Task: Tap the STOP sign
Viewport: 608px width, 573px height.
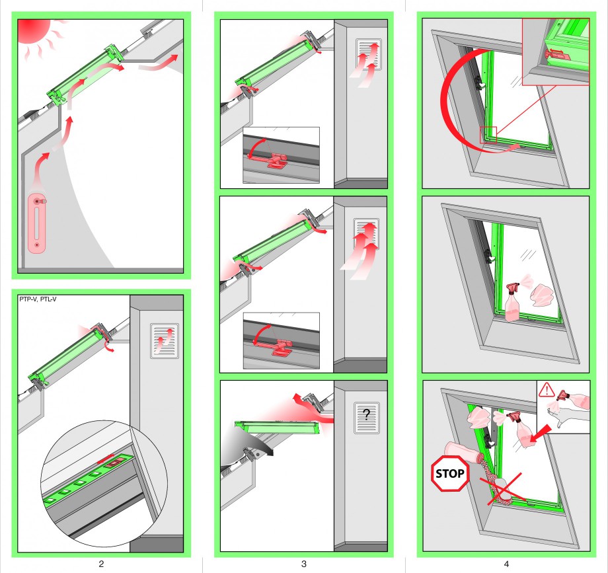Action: tap(450, 473)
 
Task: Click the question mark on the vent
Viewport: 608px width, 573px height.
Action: tap(367, 414)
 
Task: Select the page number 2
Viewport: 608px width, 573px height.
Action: tap(101, 564)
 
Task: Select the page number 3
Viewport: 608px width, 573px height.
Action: tap(304, 564)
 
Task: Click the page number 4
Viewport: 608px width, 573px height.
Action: tap(506, 564)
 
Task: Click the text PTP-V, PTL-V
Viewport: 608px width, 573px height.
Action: tap(38, 299)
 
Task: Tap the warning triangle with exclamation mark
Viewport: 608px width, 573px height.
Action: tap(547, 389)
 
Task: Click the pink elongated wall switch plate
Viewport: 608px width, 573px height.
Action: tap(37, 223)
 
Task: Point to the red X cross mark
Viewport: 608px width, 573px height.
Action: tap(503, 489)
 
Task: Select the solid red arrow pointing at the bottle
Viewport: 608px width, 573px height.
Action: tap(541, 434)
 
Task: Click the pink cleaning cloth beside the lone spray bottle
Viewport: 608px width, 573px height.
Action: tap(541, 295)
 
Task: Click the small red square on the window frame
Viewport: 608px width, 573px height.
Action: tap(488, 135)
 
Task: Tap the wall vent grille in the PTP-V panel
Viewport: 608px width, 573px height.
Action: tap(165, 340)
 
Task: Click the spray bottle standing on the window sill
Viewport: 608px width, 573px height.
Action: tap(512, 303)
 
